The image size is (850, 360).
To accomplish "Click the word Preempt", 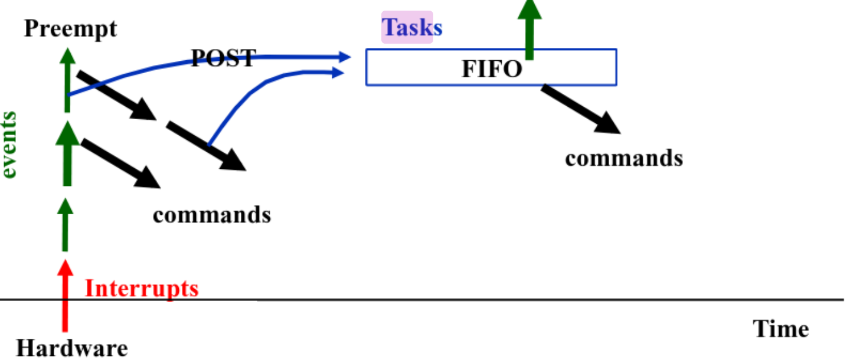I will click(71, 29).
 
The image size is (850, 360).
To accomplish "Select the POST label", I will click(223, 58).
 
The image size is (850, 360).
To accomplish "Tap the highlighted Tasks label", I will click(411, 27).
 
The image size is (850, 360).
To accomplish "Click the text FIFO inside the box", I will click(492, 69).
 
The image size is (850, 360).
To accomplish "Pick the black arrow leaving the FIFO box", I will click(581, 109).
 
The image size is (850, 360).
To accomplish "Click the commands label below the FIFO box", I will click(624, 158).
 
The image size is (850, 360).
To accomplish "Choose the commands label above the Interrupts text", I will click(212, 214).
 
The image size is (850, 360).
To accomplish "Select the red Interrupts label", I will click(142, 289).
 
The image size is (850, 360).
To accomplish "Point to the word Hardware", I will click(71, 348).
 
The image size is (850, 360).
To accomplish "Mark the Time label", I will click(780, 329).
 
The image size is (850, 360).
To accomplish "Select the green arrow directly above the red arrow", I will click(65, 224).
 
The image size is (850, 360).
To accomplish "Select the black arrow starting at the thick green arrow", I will click(121, 164).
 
